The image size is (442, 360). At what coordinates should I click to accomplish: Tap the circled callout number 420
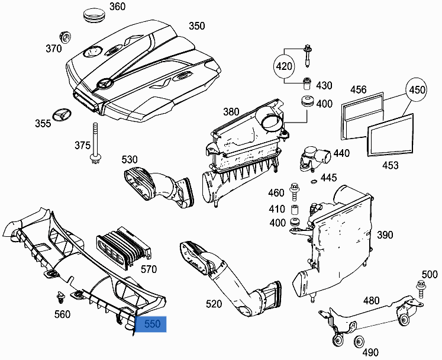pos(285,66)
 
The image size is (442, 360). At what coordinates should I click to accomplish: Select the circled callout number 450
pos(418,90)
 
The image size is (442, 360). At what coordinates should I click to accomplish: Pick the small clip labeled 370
pos(64,35)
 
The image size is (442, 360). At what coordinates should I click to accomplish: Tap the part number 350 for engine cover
pos(196,26)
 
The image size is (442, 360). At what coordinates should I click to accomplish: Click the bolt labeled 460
pos(294,191)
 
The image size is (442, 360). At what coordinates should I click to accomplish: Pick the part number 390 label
pos(385,235)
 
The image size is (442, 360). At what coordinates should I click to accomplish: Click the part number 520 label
pos(214,304)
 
